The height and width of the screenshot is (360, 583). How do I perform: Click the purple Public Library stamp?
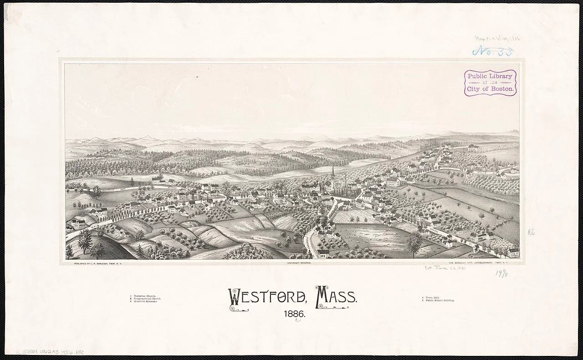(490, 82)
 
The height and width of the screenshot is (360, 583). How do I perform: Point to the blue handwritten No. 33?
(494, 51)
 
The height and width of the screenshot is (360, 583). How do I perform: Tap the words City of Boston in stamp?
(490, 89)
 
